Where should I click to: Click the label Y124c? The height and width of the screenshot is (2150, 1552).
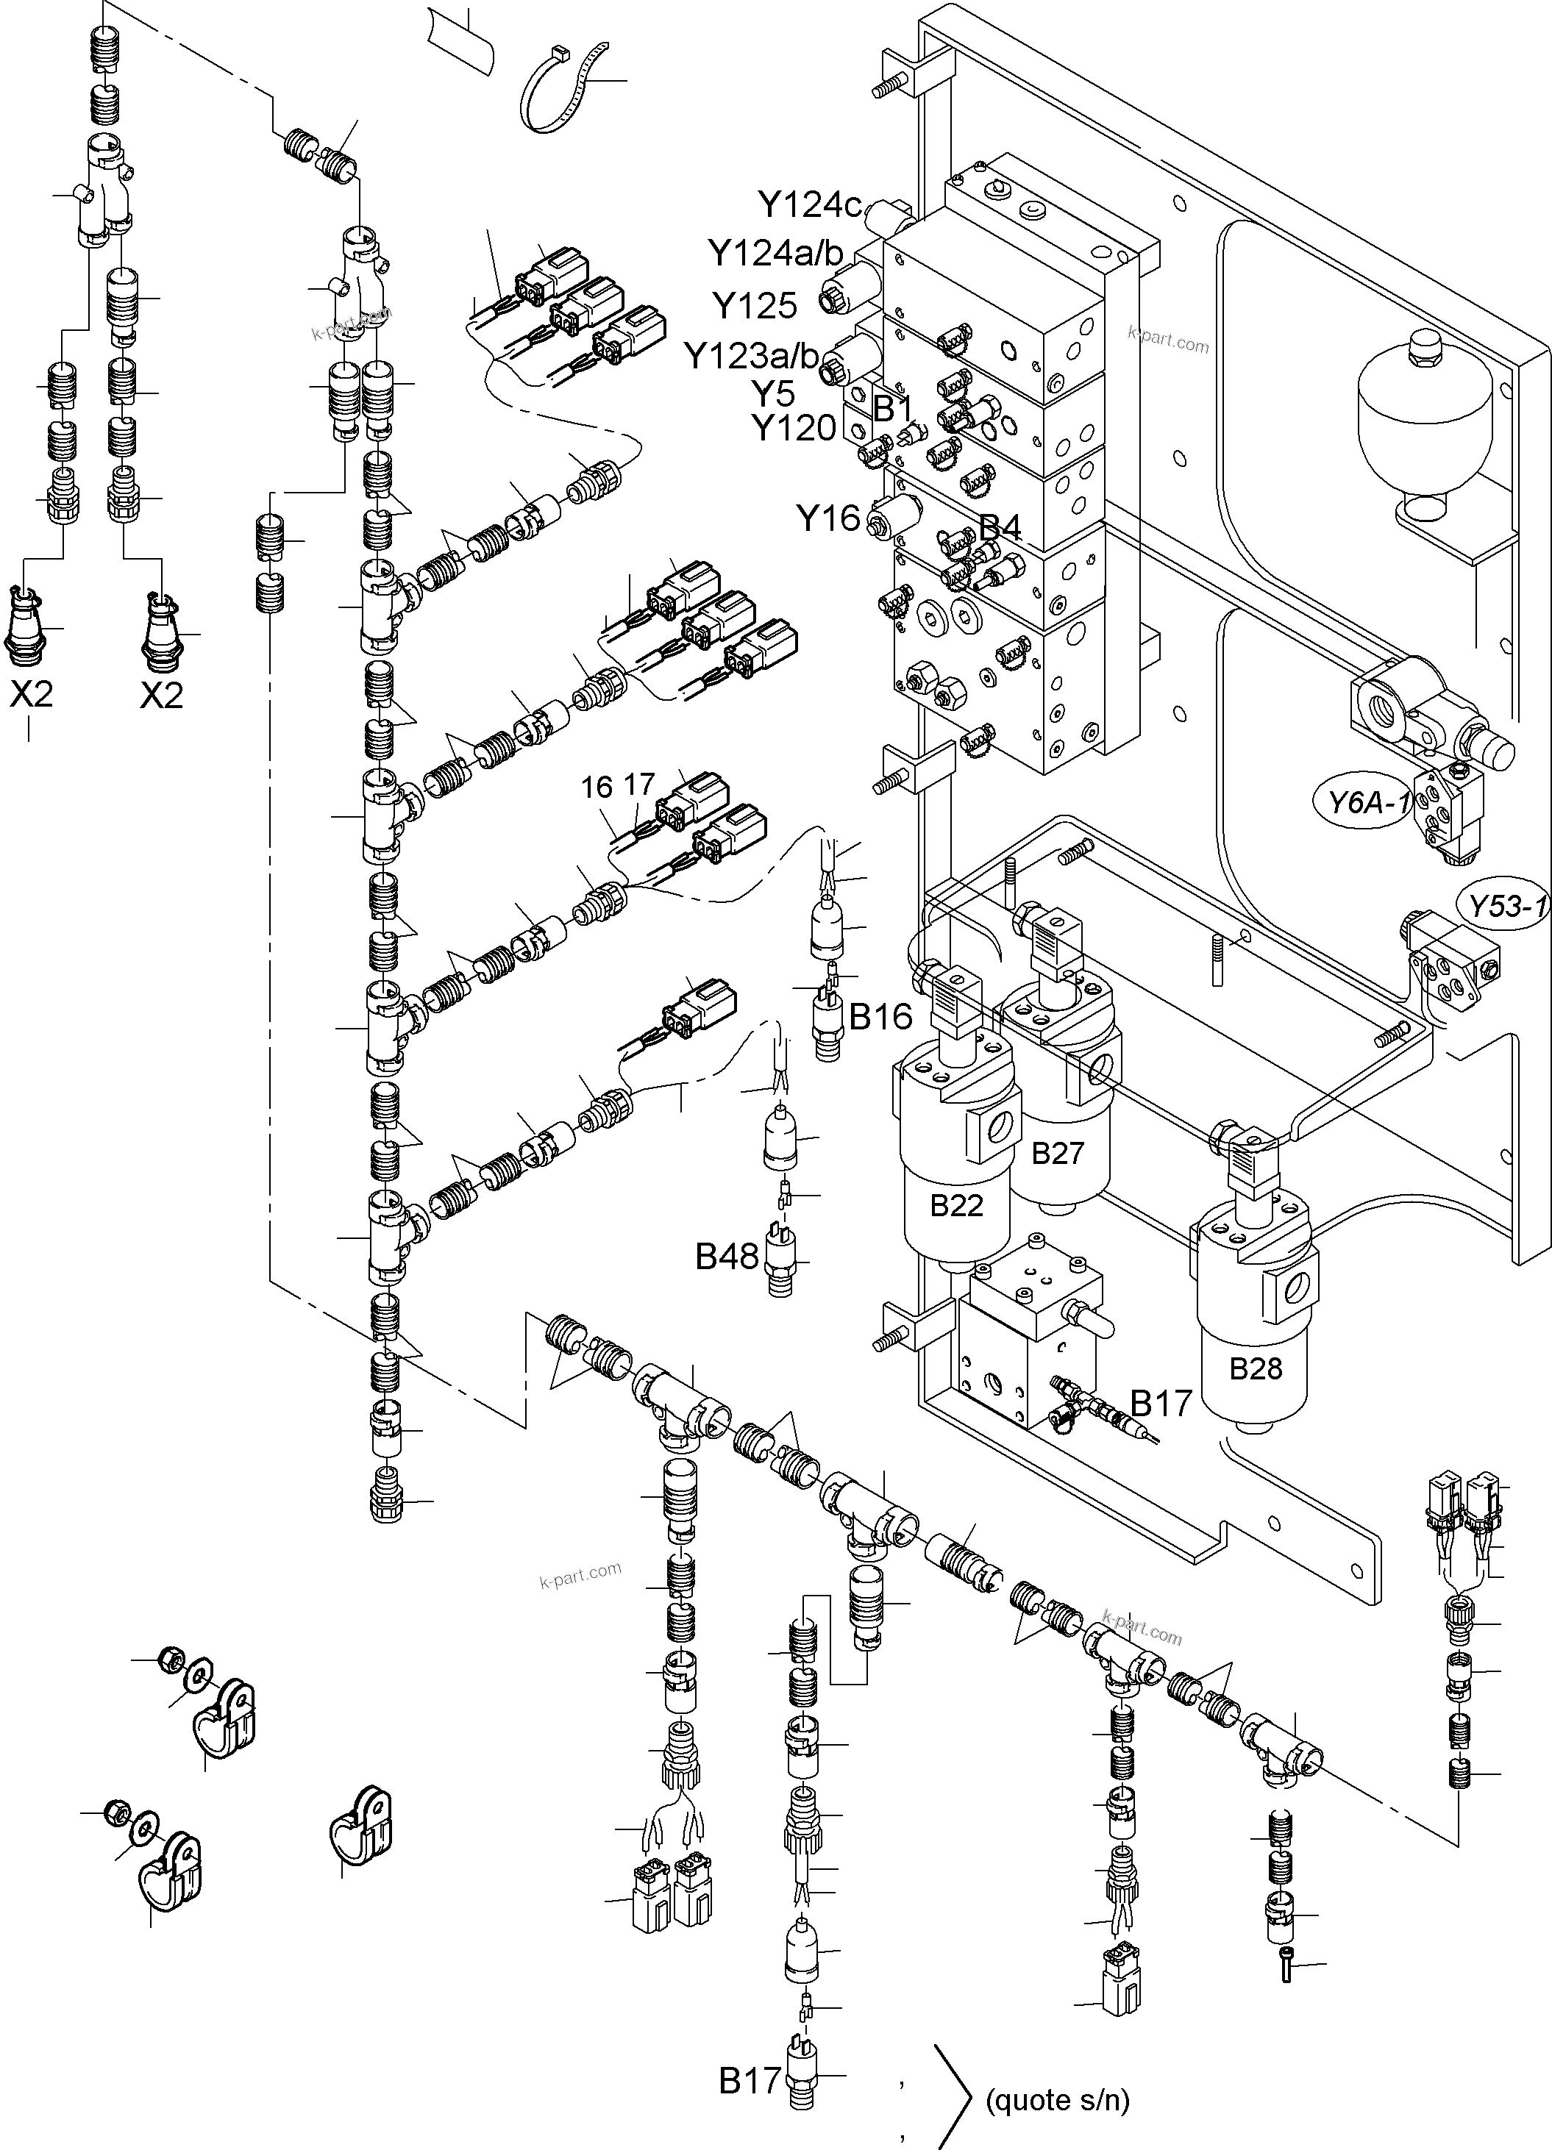click(808, 204)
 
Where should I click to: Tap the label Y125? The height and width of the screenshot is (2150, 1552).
click(755, 305)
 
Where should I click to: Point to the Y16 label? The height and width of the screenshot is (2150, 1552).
click(827, 518)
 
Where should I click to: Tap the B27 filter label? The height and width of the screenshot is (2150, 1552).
click(1057, 1153)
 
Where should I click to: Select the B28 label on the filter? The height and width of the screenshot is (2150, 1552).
click(1256, 1369)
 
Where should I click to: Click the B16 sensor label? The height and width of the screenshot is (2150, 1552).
click(880, 1017)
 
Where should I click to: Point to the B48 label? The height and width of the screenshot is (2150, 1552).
click(727, 1257)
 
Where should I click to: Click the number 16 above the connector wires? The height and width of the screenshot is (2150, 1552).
click(597, 787)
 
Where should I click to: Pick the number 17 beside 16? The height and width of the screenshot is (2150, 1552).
click(639, 785)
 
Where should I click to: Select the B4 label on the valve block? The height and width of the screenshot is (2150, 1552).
click(1000, 527)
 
